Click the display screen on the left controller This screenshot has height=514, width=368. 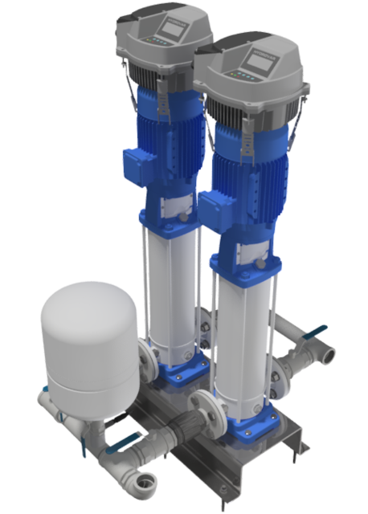(172, 29)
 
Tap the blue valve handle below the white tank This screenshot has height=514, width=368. (121, 439)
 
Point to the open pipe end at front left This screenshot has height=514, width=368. (147, 482)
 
